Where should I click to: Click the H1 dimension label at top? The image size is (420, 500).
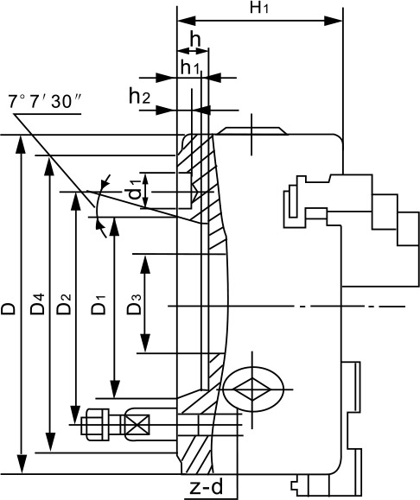259,8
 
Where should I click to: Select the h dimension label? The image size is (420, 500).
195,40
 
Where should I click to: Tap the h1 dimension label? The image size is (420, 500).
190,67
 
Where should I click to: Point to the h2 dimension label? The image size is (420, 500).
139,96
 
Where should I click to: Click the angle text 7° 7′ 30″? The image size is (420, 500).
44,102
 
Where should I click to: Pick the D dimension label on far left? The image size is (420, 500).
9,308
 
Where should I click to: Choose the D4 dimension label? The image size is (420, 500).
37,304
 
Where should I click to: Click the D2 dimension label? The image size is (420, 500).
64,304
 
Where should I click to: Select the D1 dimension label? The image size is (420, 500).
98,305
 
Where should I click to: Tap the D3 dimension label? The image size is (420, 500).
134,305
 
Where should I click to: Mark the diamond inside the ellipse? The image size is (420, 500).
252,389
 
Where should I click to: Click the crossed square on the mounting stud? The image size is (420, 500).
137,424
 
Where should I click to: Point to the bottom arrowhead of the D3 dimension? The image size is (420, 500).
145,343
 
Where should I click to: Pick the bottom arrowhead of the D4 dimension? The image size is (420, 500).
50,442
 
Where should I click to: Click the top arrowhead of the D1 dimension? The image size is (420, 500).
114,227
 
